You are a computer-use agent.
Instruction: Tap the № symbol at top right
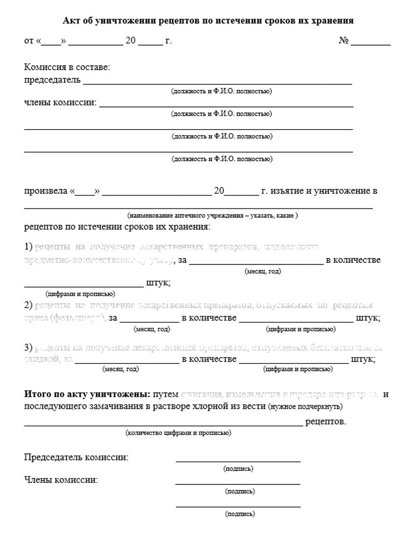(343, 41)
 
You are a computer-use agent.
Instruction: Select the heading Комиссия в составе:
(67, 67)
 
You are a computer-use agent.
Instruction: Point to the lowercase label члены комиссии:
(60, 103)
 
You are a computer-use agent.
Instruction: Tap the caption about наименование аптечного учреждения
(212, 215)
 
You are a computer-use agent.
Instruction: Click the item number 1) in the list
(29, 247)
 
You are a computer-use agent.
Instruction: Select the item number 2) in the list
(29, 305)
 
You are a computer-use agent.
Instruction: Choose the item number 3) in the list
(29, 346)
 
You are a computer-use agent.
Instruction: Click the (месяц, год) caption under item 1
(263, 271)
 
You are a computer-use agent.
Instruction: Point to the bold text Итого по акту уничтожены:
(87, 394)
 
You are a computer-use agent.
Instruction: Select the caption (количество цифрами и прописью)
(178, 433)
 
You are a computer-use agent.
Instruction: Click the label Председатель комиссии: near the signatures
(77, 457)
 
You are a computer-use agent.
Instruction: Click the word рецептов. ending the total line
(325, 421)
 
